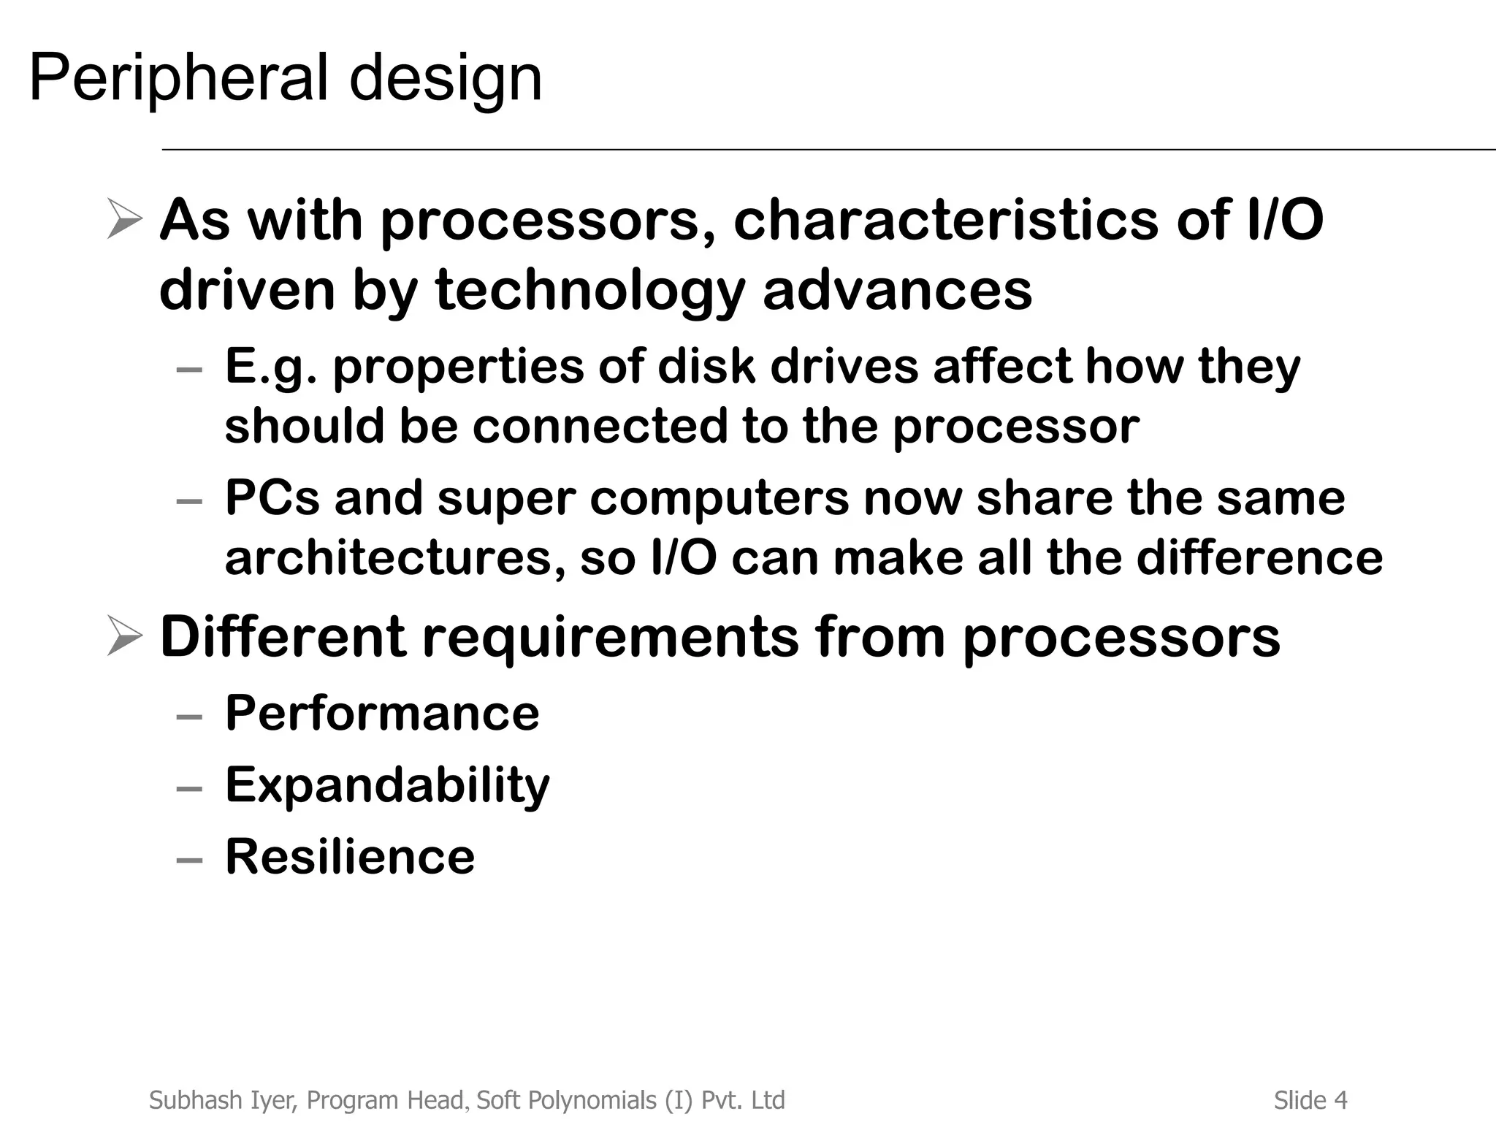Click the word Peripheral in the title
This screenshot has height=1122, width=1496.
tap(178, 79)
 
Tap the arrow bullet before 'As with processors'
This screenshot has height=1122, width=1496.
tap(123, 218)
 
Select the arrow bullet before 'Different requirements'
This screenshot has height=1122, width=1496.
tap(123, 636)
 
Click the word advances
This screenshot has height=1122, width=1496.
tap(897, 289)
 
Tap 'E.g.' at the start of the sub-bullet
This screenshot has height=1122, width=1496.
tap(271, 367)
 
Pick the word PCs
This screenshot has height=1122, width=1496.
tap(272, 497)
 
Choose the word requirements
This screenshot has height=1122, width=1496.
tap(611, 637)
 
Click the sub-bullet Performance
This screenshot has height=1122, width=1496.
tap(382, 713)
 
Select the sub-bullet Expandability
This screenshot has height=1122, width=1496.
tap(387, 786)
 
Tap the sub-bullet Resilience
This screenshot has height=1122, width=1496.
tap(350, 856)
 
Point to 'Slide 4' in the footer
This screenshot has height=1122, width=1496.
tap(1310, 1099)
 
